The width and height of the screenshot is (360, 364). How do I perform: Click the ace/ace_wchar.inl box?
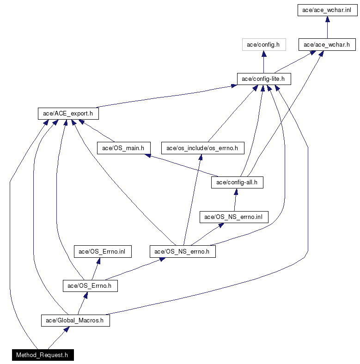[328, 10]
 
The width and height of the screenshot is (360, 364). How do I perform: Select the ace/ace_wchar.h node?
[327, 44]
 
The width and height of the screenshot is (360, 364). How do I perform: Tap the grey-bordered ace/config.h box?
[264, 44]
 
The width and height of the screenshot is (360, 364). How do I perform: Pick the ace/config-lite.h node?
[264, 79]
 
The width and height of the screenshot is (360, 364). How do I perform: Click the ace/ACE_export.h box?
[68, 114]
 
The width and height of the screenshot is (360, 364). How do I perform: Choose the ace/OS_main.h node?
[124, 148]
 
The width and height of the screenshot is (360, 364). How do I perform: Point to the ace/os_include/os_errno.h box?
[203, 148]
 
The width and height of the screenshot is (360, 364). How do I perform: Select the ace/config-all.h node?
[237, 182]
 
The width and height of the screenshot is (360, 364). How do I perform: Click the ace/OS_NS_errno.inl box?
[234, 217]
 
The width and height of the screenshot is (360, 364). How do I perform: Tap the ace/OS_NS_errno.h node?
[183, 251]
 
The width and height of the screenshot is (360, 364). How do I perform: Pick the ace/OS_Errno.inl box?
[103, 251]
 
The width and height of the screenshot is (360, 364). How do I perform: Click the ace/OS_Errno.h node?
[90, 286]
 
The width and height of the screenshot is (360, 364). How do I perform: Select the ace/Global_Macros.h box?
[75, 321]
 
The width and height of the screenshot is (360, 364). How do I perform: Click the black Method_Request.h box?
[43, 355]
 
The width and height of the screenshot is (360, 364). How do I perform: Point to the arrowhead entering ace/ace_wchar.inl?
[328, 19]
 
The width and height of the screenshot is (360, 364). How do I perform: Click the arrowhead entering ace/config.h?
[264, 54]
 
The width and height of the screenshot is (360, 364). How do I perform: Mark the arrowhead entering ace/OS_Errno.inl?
[99, 261]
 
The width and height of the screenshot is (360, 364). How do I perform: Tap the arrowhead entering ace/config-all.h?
[236, 192]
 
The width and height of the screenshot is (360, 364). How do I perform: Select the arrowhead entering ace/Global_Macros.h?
[67, 329]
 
